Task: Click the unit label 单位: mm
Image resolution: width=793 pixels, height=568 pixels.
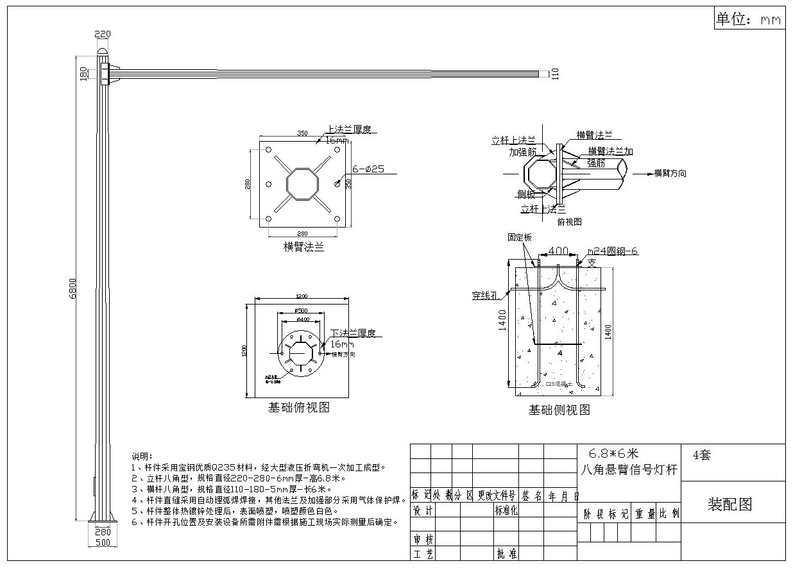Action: [x=749, y=20]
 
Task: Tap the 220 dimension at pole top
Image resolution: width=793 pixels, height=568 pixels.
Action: [x=103, y=35]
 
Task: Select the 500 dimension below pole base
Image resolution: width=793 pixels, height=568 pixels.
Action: [x=103, y=542]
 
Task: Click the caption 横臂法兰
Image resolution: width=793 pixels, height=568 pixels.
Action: [x=303, y=247]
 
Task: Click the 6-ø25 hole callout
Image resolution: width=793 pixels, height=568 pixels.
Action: [x=368, y=170]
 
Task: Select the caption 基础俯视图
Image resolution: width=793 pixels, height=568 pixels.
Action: [x=298, y=407]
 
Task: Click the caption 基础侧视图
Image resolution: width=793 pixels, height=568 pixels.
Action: [x=559, y=410]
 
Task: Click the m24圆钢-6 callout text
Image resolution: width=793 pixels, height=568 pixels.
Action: [x=613, y=251]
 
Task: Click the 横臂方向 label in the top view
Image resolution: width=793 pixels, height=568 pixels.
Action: [x=670, y=173]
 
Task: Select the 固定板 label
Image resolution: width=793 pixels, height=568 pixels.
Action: [x=520, y=237]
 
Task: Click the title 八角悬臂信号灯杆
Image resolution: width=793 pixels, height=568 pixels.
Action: [x=629, y=470]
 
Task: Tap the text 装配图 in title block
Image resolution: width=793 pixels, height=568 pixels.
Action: [x=729, y=505]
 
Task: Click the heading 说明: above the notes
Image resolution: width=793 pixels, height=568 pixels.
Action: [x=141, y=456]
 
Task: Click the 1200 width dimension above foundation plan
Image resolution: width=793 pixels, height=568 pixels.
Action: [x=302, y=296]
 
